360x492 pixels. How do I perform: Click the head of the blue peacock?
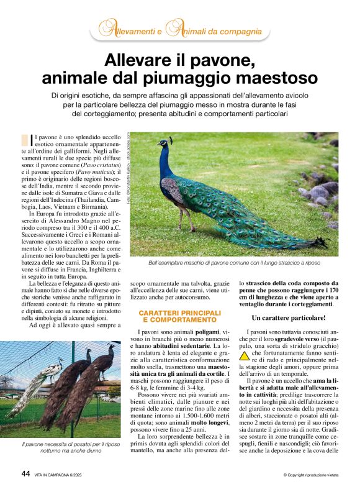(x=163, y=143)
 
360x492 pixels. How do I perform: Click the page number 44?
(x=25, y=473)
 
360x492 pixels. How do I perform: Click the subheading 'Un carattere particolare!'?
(x=289, y=318)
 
